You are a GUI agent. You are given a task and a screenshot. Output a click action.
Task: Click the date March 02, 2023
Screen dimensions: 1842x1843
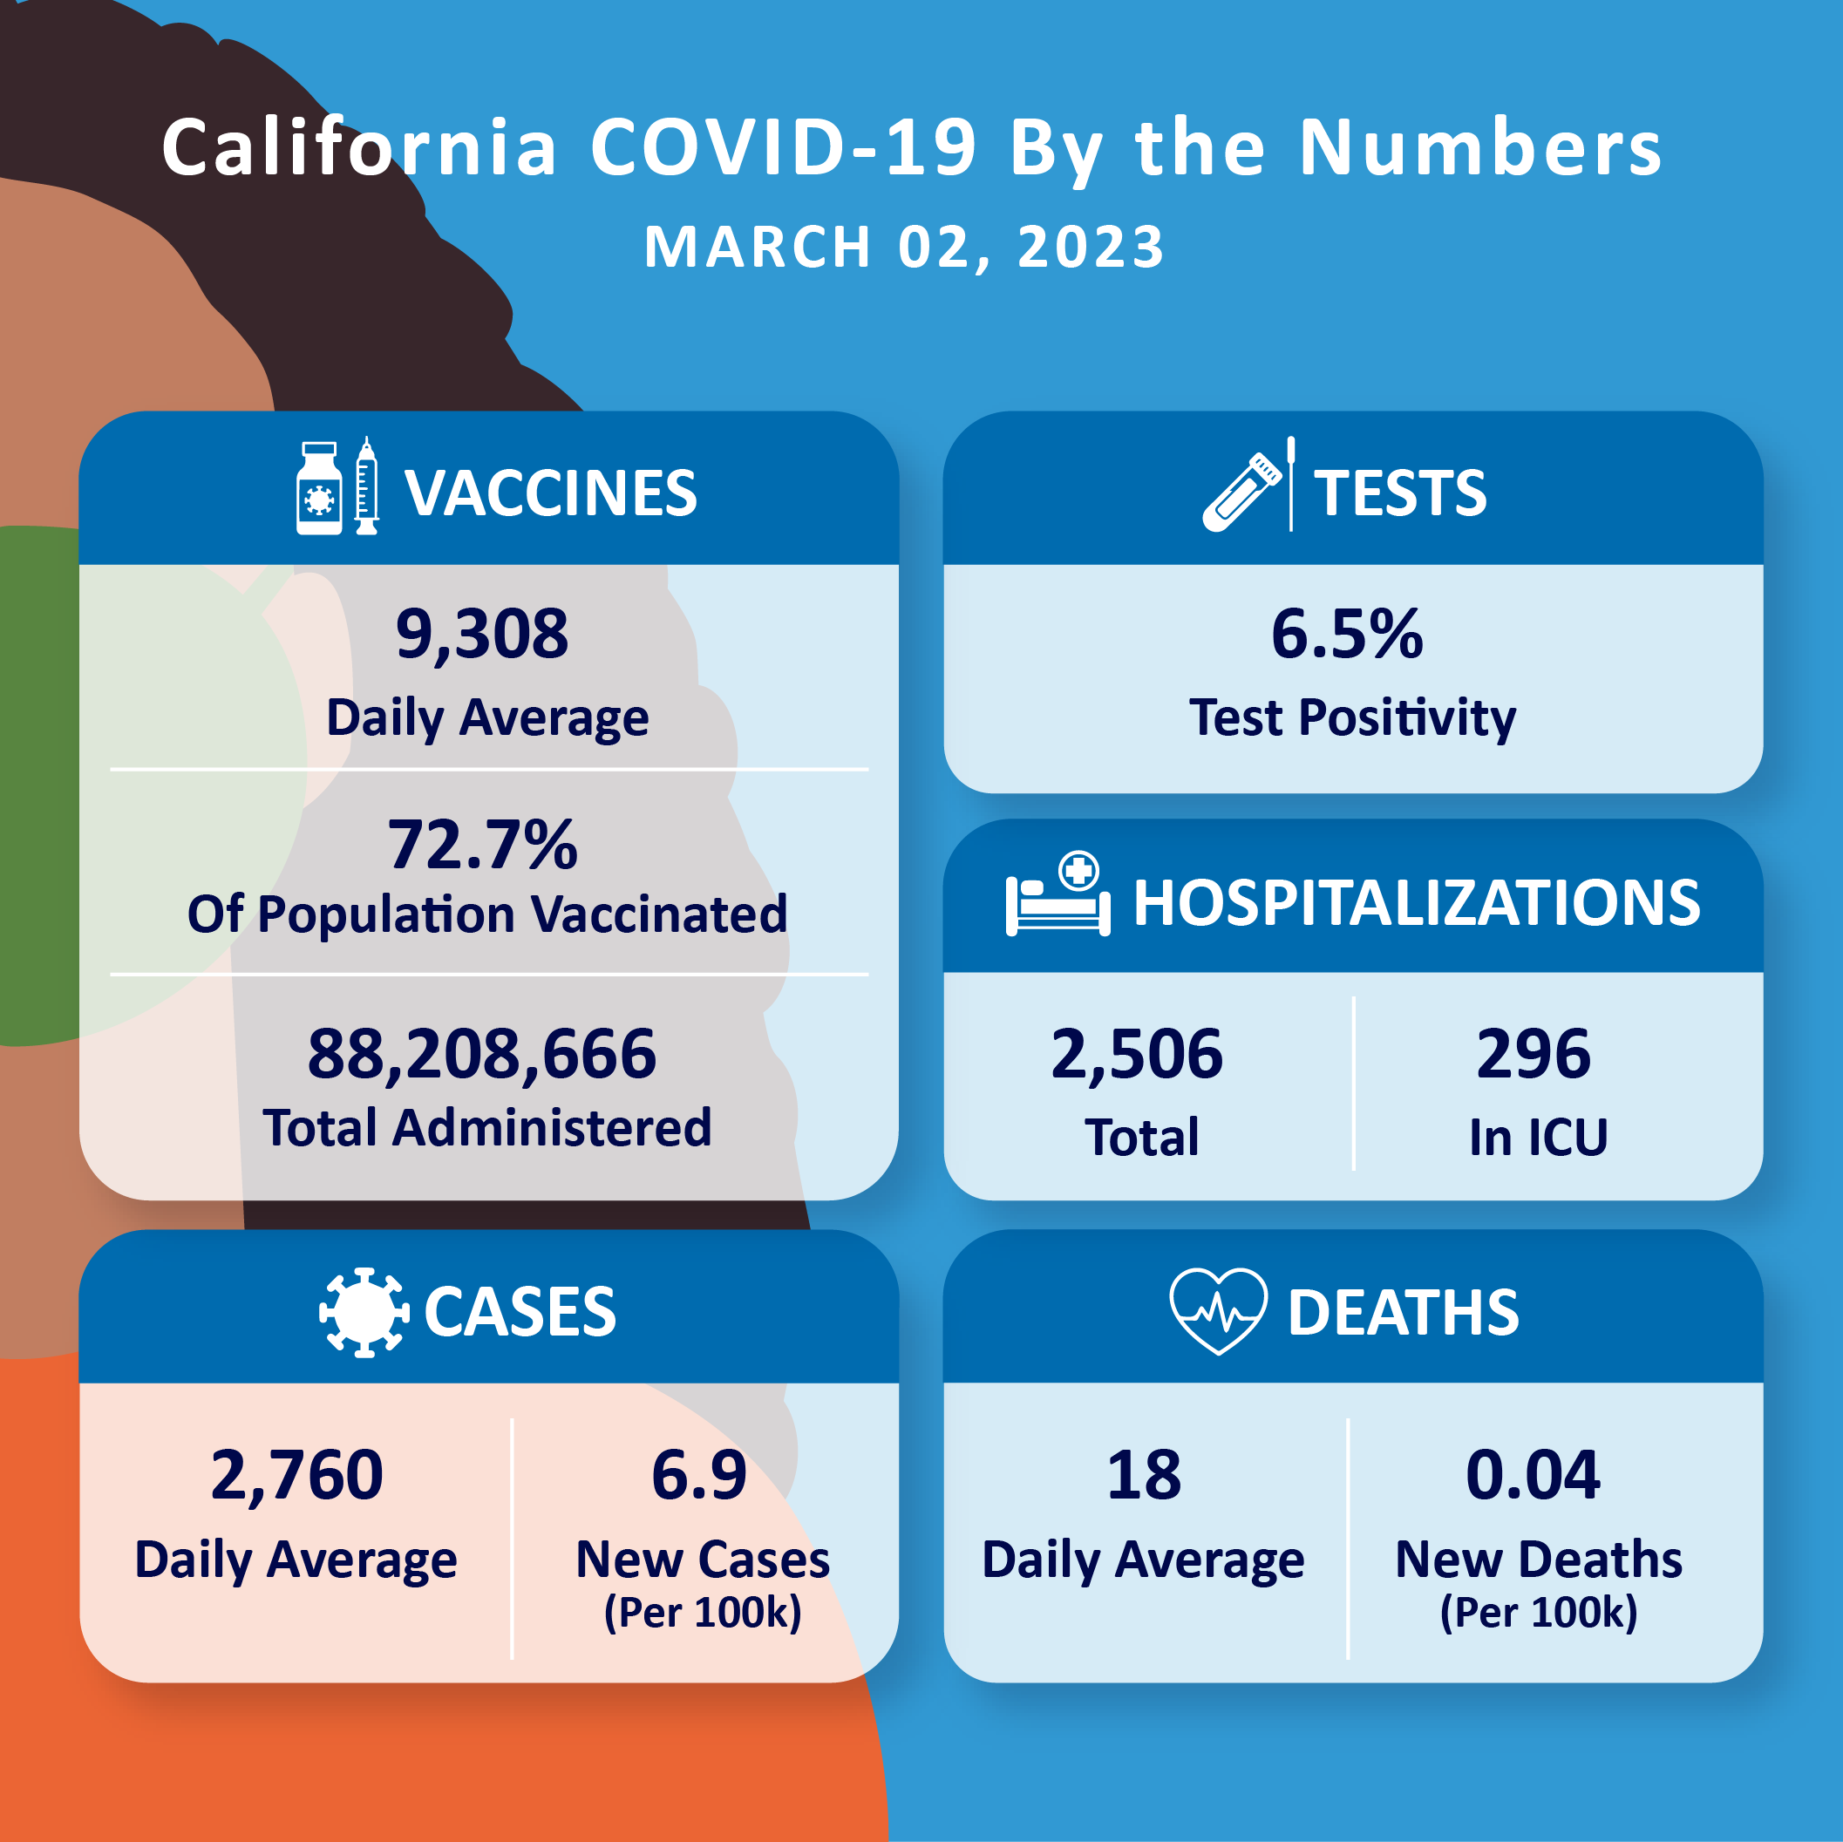pyautogui.click(x=903, y=247)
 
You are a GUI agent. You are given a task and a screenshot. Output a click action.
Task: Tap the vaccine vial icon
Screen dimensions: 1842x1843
pyautogui.click(x=318, y=488)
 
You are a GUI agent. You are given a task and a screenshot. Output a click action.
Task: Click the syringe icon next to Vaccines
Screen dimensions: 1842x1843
pyautogui.click(x=366, y=486)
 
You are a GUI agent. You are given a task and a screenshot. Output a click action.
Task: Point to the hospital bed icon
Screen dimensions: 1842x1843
pyautogui.click(x=1058, y=897)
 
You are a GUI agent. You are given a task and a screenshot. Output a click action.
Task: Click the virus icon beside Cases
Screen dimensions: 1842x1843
pyautogui.click(x=364, y=1313)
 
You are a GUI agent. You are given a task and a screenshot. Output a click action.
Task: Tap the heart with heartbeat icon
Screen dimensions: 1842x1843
pyautogui.click(x=1218, y=1311)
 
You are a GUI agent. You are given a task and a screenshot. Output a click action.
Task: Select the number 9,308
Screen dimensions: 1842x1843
pyautogui.click(x=482, y=635)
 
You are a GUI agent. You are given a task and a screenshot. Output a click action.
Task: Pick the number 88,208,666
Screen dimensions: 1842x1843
pyautogui.click(x=482, y=1054)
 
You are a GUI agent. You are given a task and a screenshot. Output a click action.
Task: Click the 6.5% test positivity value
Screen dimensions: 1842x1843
pyautogui.click(x=1346, y=635)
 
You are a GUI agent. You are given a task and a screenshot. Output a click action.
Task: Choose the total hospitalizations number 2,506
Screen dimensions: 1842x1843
pyautogui.click(x=1136, y=1054)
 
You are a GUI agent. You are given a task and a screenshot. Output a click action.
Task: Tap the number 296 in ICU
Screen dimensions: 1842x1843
pyautogui.click(x=1533, y=1054)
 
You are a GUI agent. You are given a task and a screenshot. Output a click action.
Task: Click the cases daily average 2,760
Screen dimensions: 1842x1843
pyautogui.click(x=296, y=1476)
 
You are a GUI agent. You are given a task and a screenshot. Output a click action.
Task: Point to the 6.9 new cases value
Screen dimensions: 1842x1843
pyautogui.click(x=698, y=1476)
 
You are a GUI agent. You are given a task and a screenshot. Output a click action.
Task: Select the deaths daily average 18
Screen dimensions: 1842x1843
pyautogui.click(x=1143, y=1476)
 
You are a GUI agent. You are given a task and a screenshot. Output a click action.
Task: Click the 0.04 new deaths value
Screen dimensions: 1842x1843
pyautogui.click(x=1532, y=1476)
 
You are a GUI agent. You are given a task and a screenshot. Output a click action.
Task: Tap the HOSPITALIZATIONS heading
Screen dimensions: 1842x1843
pyautogui.click(x=1416, y=902)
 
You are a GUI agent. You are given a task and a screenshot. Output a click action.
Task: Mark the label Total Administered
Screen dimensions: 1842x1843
pyautogui.click(x=486, y=1127)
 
